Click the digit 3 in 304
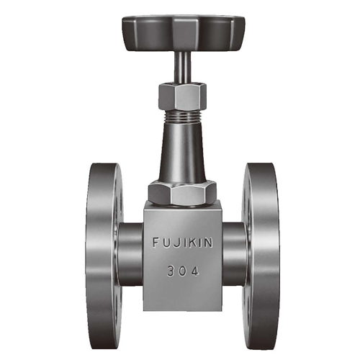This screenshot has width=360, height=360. point(170,272)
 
